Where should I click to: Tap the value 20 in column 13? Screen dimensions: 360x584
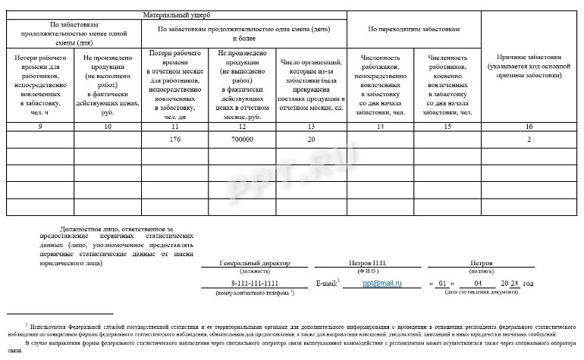point(311,139)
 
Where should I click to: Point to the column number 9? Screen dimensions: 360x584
point(40,126)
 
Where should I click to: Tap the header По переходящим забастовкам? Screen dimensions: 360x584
point(413,29)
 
